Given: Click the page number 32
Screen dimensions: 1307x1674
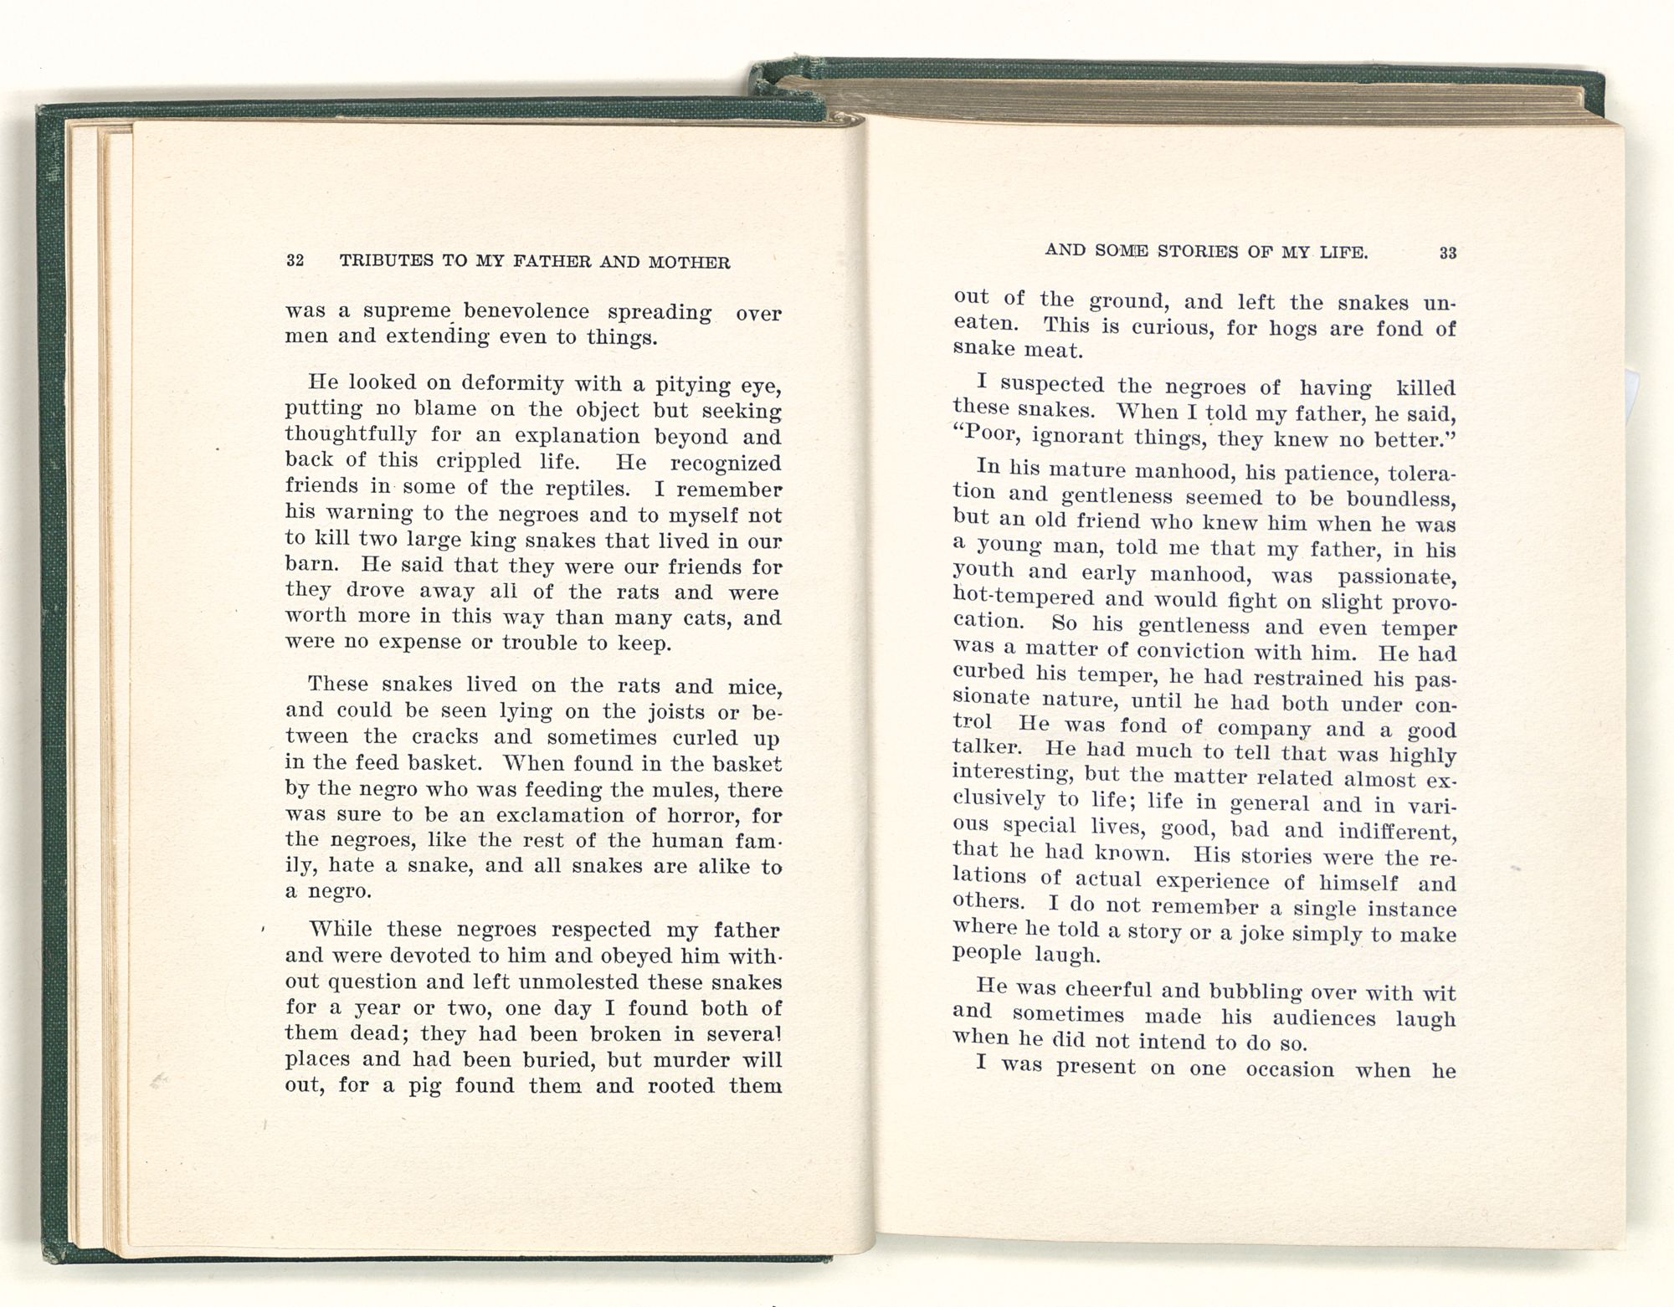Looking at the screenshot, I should click(295, 260).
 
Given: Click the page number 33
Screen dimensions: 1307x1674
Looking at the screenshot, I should click(1448, 253).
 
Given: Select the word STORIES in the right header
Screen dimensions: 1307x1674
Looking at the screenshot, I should click(1198, 251).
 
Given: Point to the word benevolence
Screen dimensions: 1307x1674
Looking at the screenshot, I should click(526, 311).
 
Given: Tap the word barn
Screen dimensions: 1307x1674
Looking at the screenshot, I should click(311, 564).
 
